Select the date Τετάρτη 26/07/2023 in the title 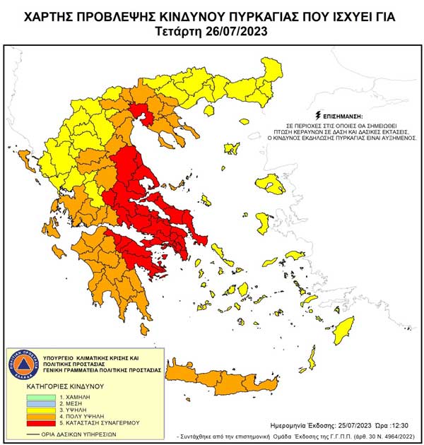212,32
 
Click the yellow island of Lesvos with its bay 270,186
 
